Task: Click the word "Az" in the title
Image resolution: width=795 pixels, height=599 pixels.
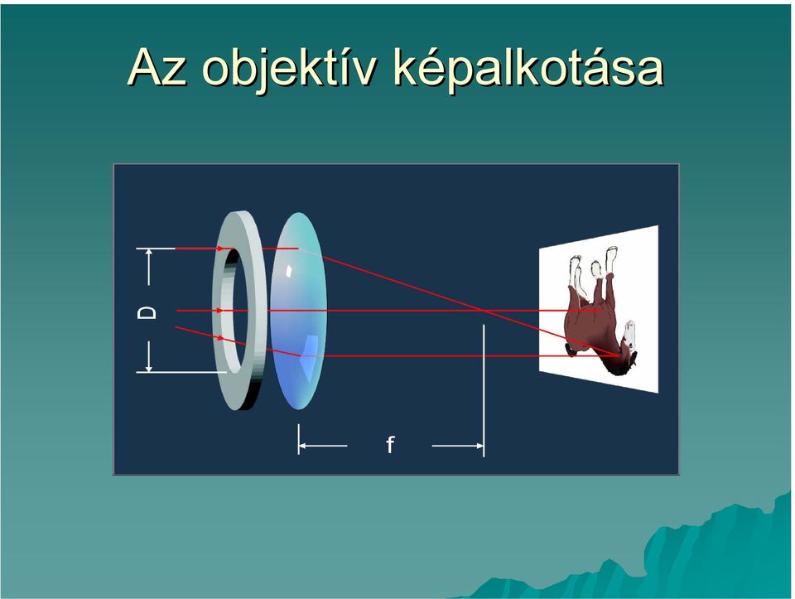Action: click(157, 67)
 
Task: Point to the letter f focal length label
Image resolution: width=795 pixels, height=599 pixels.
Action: click(389, 444)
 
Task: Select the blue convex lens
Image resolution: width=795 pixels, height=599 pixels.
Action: click(298, 311)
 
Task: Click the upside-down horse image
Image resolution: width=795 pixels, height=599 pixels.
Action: click(601, 311)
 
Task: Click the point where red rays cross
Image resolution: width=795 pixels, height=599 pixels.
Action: click(483, 311)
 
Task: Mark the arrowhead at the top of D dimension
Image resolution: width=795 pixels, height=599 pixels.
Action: click(148, 252)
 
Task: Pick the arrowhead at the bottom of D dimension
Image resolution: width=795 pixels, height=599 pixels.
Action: click(148, 368)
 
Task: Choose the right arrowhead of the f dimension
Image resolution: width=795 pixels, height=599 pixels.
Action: click(479, 446)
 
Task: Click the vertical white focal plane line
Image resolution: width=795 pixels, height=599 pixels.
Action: click(484, 390)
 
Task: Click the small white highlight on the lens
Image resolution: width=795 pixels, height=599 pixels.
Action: click(289, 271)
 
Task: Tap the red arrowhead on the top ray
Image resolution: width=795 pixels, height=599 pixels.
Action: click(219, 249)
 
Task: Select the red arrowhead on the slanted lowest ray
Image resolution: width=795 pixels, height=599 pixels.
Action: click(220, 337)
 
